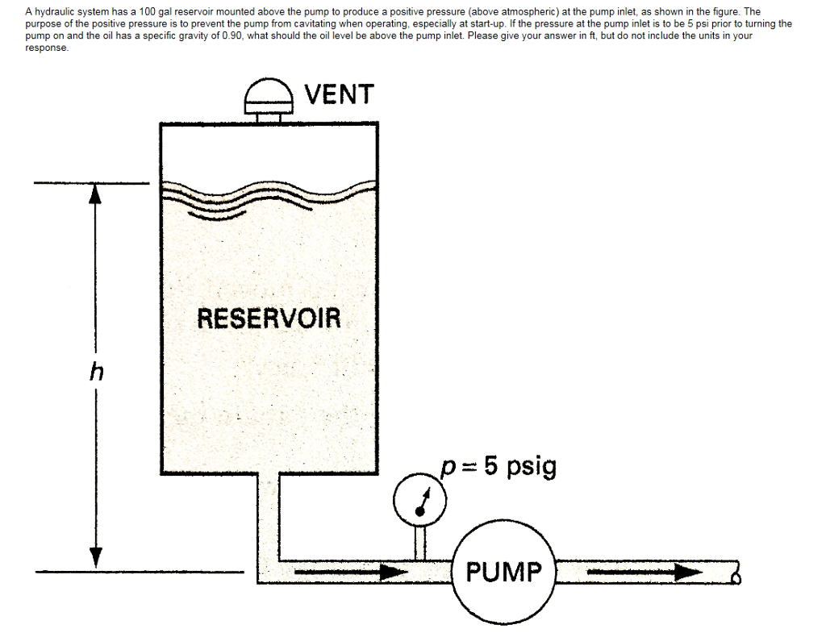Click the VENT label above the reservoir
pyautogui.click(x=340, y=94)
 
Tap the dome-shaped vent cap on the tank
pyautogui.click(x=269, y=96)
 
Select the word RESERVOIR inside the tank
pyautogui.click(x=269, y=319)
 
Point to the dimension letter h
pyautogui.click(x=97, y=373)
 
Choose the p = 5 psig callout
pyautogui.click(x=498, y=467)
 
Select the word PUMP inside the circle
pyautogui.click(x=505, y=573)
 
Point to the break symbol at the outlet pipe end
pyautogui.click(x=736, y=573)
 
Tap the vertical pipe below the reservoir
pyautogui.click(x=268, y=516)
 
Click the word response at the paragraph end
pyautogui.click(x=46, y=48)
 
